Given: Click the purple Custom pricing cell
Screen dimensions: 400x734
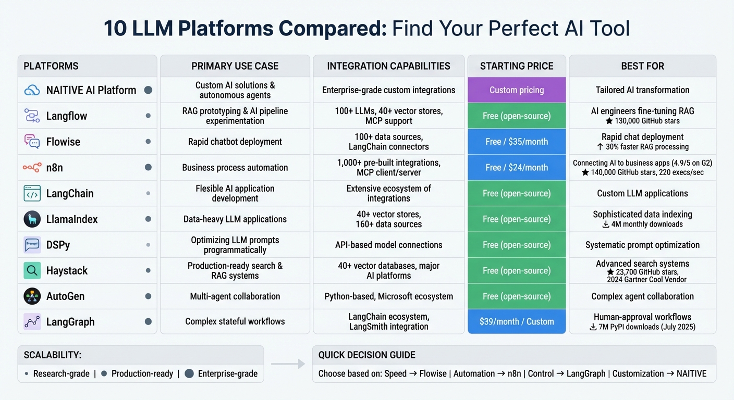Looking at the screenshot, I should pyautogui.click(x=516, y=90).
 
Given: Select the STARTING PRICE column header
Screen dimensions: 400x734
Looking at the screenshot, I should pyautogui.click(x=516, y=66).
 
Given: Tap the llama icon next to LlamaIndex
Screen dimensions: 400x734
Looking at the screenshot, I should pyautogui.click(x=32, y=219).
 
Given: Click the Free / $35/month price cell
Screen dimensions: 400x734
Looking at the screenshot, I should pyautogui.click(x=516, y=142).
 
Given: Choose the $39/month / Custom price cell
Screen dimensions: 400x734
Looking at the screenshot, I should pyautogui.click(x=516, y=321).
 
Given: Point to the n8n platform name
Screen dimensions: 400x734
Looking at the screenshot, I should pyautogui.click(x=55, y=168).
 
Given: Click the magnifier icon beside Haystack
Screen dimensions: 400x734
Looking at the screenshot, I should pyautogui.click(x=32, y=271).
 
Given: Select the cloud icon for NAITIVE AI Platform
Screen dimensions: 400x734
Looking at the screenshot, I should pyautogui.click(x=32, y=90).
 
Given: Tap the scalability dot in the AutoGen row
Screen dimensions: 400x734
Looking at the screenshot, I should pyautogui.click(x=148, y=296).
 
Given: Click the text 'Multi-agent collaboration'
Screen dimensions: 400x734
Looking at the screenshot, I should pyautogui.click(x=235, y=296).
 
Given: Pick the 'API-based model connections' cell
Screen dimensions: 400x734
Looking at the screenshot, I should pyautogui.click(x=388, y=245).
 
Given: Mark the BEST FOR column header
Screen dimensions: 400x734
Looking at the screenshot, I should pyautogui.click(x=642, y=66).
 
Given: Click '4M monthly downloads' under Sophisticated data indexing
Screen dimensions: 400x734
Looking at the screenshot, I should pyautogui.click(x=642, y=224).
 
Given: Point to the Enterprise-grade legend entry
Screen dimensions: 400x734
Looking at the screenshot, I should pyautogui.click(x=221, y=373).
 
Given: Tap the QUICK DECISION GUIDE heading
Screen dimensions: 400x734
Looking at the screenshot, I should pyautogui.click(x=366, y=355).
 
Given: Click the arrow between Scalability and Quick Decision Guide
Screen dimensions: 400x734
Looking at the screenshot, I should pyautogui.click(x=288, y=365).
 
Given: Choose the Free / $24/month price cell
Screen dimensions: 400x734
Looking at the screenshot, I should pyautogui.click(x=516, y=168).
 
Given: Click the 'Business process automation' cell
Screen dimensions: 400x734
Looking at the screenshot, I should pyautogui.click(x=235, y=168).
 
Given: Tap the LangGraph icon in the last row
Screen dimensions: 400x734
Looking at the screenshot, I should pyautogui.click(x=32, y=322).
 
